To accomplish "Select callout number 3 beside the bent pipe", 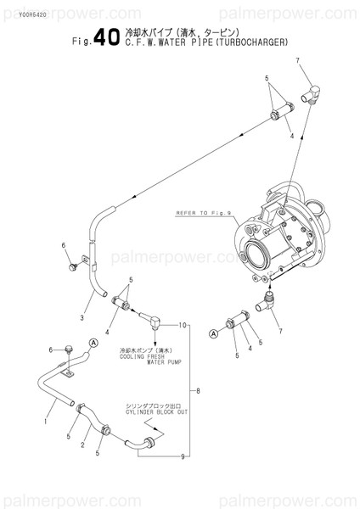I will (x=82, y=318).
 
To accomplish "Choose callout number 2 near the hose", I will (x=84, y=445).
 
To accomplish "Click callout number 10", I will (x=181, y=324).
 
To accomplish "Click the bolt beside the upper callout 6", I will (x=73, y=266).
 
